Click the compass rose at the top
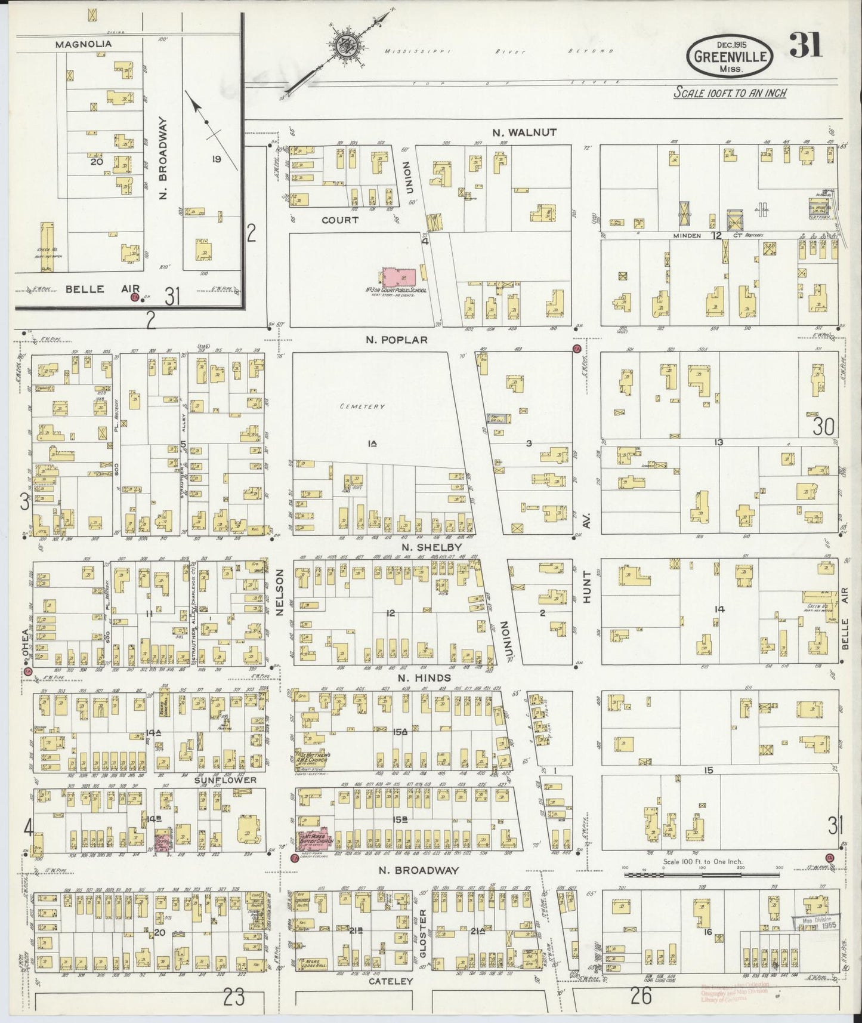(x=345, y=45)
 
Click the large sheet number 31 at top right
(x=805, y=45)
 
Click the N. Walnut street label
(x=517, y=133)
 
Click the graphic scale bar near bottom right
(x=701, y=874)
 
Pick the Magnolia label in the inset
(x=84, y=44)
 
